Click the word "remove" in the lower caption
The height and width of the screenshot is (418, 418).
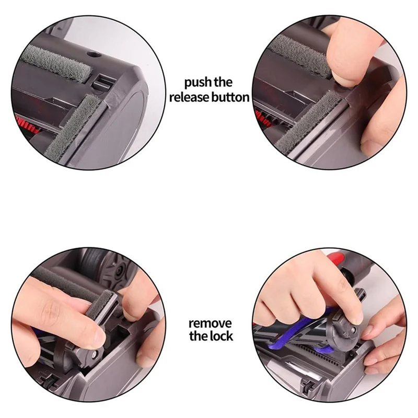(x=210, y=323)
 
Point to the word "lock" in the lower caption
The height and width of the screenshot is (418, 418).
(x=220, y=336)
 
